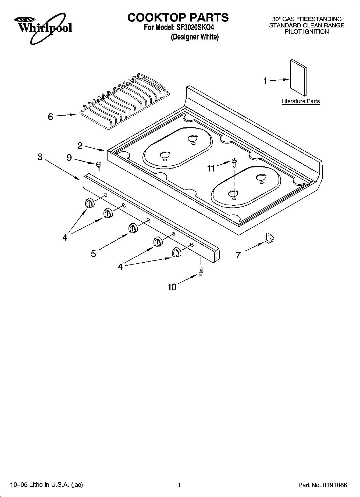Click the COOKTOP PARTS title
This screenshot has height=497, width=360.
click(178, 17)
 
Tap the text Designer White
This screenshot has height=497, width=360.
click(195, 37)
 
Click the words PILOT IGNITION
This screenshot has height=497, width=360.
click(307, 32)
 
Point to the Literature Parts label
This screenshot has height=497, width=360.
click(300, 101)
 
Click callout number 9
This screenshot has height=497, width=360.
click(69, 158)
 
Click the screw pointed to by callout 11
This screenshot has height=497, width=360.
click(234, 162)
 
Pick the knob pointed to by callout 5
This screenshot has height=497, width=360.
click(133, 228)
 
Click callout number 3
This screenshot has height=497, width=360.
click(40, 157)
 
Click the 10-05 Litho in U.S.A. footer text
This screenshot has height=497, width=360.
click(47, 485)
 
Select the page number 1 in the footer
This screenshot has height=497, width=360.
click(179, 485)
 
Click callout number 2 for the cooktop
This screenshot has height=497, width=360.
click(80, 146)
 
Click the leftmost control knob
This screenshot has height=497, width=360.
click(90, 203)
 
